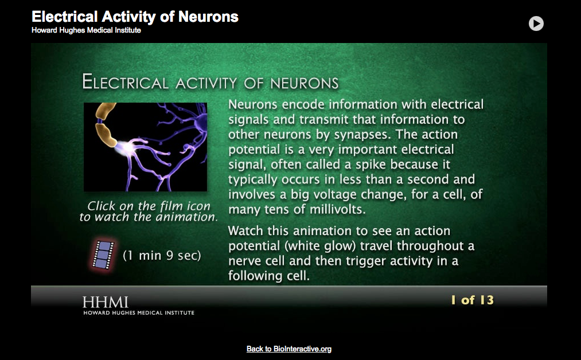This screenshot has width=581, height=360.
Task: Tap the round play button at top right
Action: click(x=536, y=24)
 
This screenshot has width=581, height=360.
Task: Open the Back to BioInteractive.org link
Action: click(x=289, y=349)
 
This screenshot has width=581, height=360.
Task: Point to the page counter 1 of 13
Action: click(x=471, y=300)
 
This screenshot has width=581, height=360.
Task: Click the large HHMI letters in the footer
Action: click(x=105, y=302)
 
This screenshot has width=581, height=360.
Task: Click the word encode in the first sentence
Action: click(x=298, y=104)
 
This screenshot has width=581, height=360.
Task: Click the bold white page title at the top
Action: click(x=135, y=17)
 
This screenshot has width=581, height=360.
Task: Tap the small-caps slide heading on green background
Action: click(x=210, y=82)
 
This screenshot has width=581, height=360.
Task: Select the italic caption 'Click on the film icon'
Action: click(x=149, y=206)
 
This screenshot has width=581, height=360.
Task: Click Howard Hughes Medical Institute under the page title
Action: click(x=86, y=30)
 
